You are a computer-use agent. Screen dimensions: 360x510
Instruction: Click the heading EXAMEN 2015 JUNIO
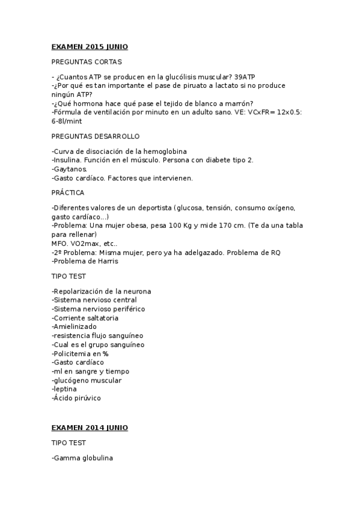point(90,47)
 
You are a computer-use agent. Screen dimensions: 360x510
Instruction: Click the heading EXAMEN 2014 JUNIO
point(90,428)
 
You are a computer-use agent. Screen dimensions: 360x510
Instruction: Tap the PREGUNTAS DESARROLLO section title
point(96,137)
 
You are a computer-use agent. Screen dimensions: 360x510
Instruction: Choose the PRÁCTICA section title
point(68,192)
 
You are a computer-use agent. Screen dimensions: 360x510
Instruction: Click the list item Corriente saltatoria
point(85,318)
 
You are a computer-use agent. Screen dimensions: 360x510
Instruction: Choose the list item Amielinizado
point(75,327)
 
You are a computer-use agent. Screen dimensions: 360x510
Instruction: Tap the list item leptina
point(66,389)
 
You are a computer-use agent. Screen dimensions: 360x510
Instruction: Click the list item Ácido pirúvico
point(77,398)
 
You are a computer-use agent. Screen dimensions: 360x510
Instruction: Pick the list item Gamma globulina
point(83,458)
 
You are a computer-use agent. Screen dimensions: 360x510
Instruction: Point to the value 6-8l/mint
point(69,121)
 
